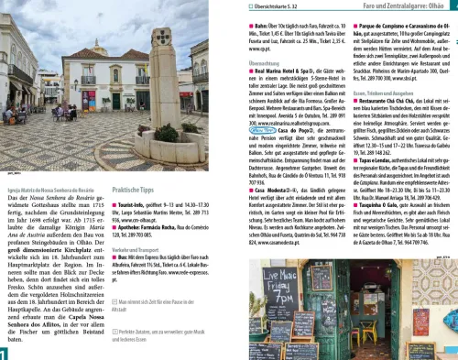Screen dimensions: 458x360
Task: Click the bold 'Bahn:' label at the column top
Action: click(x=257, y=16)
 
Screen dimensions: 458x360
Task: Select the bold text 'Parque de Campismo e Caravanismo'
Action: click(x=394, y=16)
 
